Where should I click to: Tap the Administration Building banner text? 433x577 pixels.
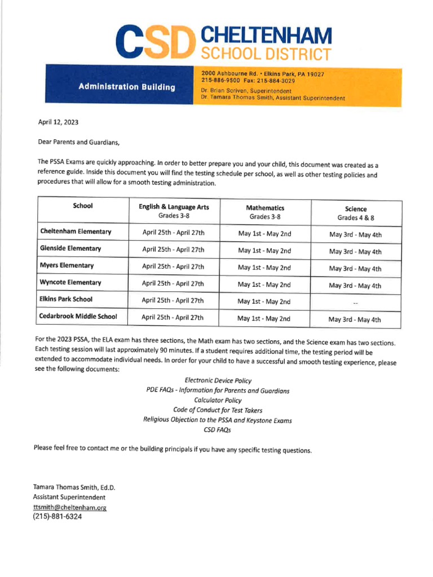tap(127, 87)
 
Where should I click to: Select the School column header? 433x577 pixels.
tap(83, 206)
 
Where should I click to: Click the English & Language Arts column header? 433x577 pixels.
tap(174, 211)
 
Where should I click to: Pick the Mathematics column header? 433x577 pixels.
tap(265, 212)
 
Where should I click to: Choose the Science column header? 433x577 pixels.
tap(356, 213)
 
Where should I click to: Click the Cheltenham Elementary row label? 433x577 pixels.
tap(76, 232)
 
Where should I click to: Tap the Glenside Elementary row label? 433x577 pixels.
tap(70, 248)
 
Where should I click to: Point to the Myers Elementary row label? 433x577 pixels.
tap(67, 265)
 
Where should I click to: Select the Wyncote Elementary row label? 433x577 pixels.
tap(70, 282)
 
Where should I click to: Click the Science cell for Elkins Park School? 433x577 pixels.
tap(355, 303)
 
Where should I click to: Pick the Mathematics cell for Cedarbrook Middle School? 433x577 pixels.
tap(264, 319)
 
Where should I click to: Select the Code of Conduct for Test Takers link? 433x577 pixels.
tap(218, 410)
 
